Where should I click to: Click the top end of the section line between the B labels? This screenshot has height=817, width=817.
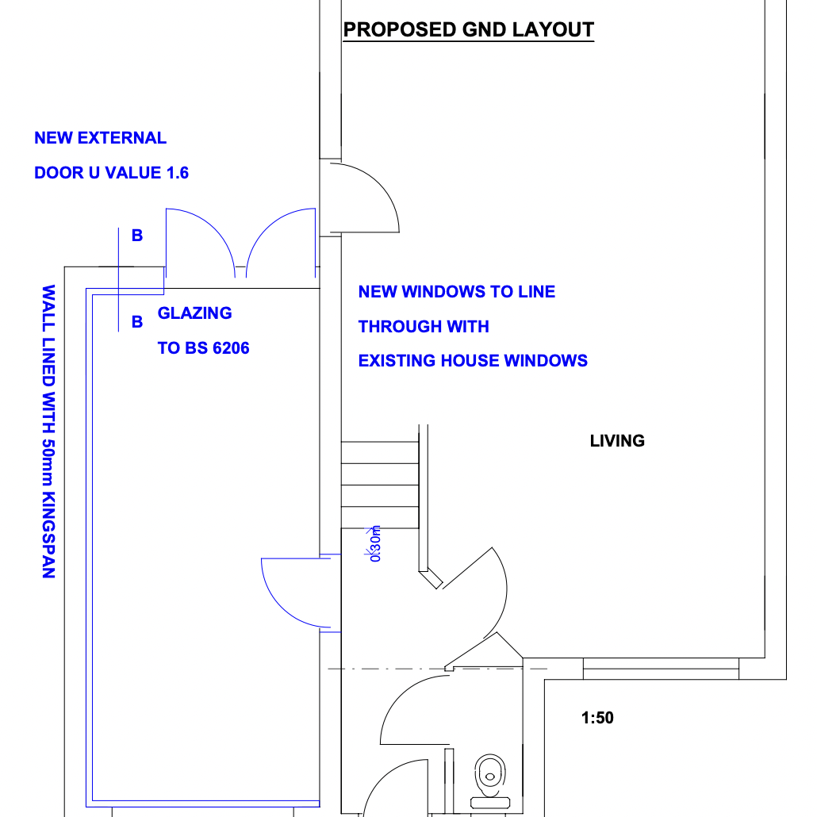pos(119,228)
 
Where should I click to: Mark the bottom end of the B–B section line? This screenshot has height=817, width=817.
pos(119,332)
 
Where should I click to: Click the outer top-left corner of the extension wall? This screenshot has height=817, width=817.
pos(64,267)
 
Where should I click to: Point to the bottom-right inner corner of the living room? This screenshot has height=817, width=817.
pos(765,658)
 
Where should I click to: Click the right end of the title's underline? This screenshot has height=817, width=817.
pos(594,40)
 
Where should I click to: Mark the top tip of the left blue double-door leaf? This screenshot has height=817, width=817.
pos(167,209)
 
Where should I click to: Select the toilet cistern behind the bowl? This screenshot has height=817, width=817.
pos(489,803)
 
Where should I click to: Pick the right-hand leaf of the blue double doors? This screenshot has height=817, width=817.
pos(281,243)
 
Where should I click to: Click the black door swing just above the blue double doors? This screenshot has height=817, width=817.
pos(365,198)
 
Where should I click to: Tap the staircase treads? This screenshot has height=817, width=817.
pos(380,485)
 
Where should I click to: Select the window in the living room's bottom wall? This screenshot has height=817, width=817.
pos(661,669)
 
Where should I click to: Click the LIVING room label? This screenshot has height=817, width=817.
pos(617,441)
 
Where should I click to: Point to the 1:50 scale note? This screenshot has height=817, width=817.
pos(597,718)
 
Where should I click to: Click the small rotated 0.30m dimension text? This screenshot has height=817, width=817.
pos(375,543)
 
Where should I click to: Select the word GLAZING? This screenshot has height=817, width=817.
pos(195,313)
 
